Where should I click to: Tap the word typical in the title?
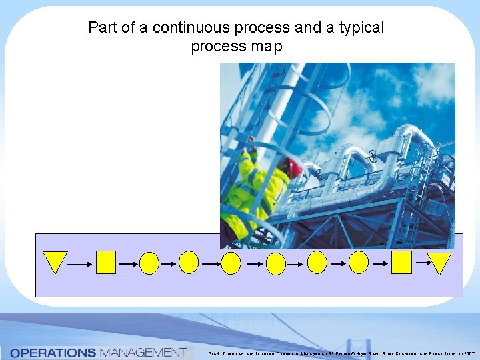(359, 28)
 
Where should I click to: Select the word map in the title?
(267, 47)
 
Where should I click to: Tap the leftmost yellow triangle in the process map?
(55, 261)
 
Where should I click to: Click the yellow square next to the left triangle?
(106, 262)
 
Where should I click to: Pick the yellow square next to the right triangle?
(401, 262)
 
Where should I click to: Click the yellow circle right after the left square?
(149, 263)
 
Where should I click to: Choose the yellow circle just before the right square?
(359, 263)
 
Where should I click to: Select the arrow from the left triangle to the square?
(79, 265)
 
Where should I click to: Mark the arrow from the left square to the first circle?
(128, 265)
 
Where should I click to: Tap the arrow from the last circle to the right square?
(381, 265)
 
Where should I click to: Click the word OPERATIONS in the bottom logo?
(53, 352)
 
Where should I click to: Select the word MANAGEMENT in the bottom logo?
(141, 352)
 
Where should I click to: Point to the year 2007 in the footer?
(466, 353)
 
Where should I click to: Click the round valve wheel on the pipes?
(373, 157)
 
